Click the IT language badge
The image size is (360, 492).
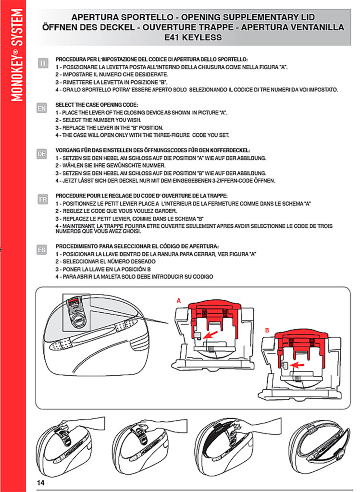click(x=43, y=63)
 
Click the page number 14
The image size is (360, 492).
click(x=40, y=482)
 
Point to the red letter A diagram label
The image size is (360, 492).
click(x=178, y=300)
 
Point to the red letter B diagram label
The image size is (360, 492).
click(x=267, y=331)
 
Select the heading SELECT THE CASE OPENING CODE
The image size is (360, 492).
click(x=97, y=104)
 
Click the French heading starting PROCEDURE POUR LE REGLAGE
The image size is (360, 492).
click(x=141, y=196)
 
